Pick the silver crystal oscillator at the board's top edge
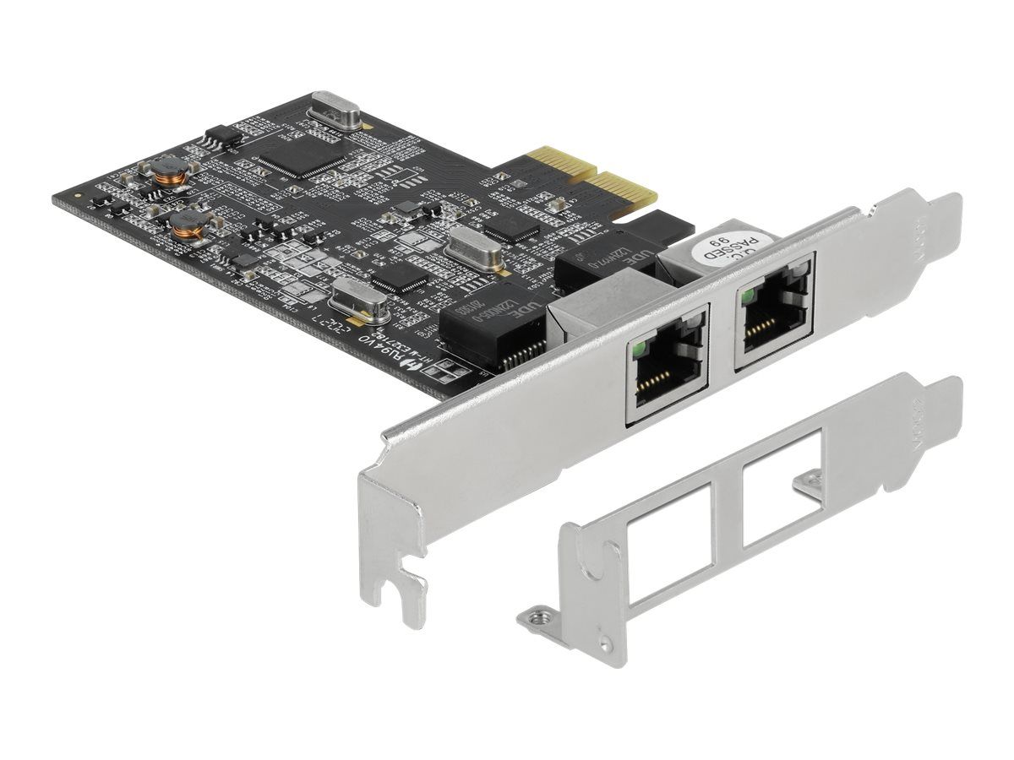pyautogui.click(x=335, y=110)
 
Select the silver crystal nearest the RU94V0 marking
pyautogui.click(x=358, y=300)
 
